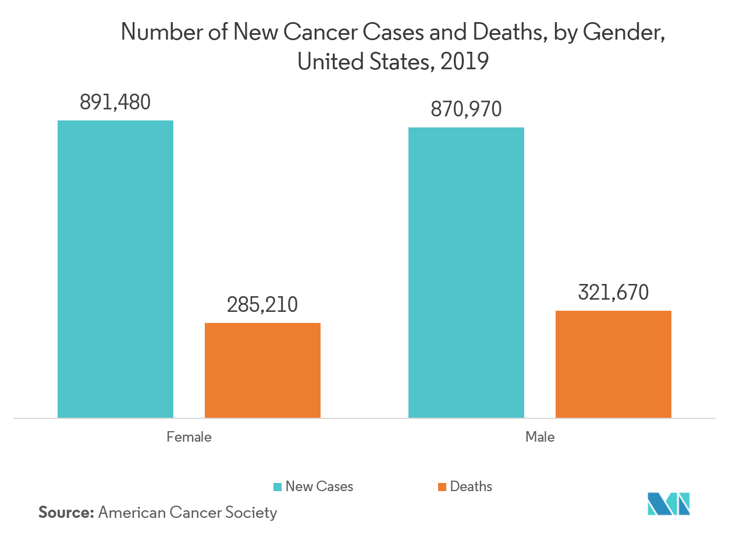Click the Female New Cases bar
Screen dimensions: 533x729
(115, 269)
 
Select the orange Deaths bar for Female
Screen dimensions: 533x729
(262, 370)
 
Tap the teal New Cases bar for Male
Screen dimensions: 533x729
(466, 272)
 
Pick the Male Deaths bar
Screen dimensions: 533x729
(613, 364)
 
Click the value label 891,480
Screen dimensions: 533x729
(115, 102)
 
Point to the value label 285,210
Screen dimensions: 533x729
(262, 304)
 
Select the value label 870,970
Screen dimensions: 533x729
(466, 109)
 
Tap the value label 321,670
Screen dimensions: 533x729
(613, 292)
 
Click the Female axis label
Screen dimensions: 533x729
(189, 436)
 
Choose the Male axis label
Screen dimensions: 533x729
(540, 436)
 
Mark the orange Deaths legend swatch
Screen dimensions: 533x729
(442, 486)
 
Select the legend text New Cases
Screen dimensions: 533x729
(319, 486)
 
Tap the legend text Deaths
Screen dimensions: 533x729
(471, 486)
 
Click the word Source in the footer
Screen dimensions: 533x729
(66, 513)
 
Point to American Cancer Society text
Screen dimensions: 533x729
(187, 513)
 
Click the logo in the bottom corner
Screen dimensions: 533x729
(668, 504)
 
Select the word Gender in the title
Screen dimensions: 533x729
(624, 33)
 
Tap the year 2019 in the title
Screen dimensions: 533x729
(464, 61)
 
